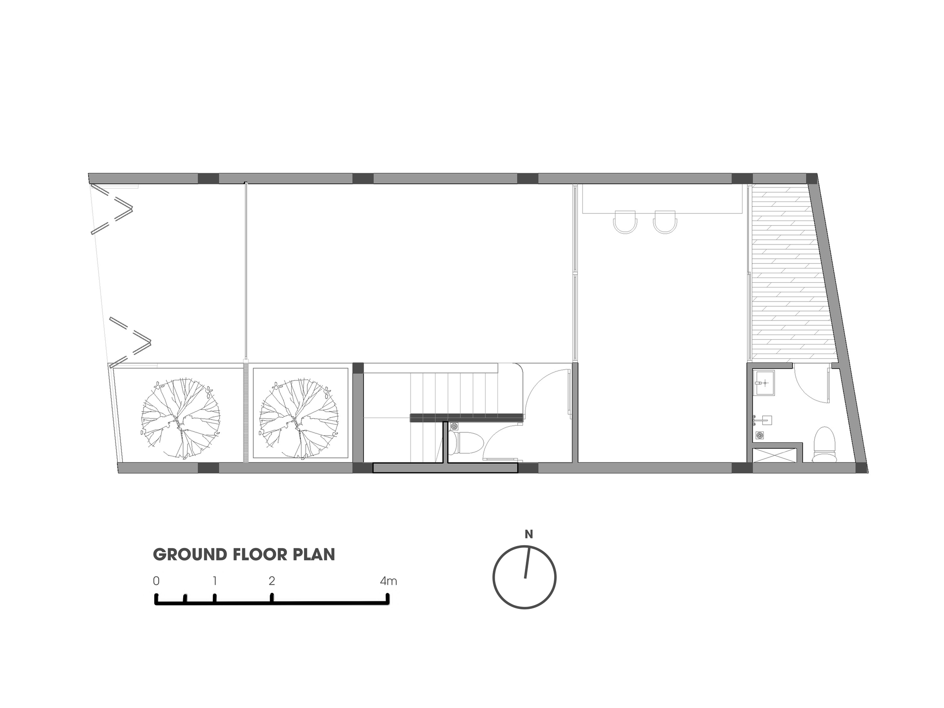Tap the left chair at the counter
pos(625,222)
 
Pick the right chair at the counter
pos(666,222)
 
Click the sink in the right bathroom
pos(764,383)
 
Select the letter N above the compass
pos(529,534)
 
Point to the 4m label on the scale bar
pos(388,581)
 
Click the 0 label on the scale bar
pos(156,581)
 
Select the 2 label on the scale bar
pos(272,581)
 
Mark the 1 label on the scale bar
pos(215,581)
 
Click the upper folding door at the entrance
pos(112,209)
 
